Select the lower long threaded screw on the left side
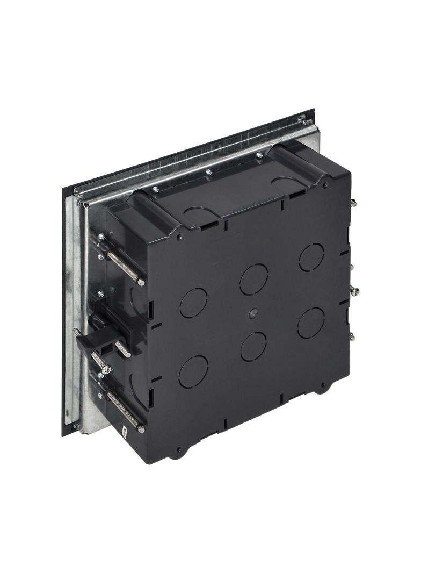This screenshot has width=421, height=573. tap(124, 411)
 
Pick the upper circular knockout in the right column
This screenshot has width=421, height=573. tap(311, 257)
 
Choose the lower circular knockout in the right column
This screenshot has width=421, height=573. tap(311, 323)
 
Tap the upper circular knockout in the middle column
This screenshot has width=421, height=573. tap(253, 279)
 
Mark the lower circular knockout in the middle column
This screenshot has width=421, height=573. tap(253, 346)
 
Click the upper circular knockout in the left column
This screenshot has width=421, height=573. tap(193, 303)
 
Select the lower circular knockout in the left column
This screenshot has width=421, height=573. tap(193, 371)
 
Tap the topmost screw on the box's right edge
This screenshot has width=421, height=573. tap(353, 203)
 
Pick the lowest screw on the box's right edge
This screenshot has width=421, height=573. tap(352, 337)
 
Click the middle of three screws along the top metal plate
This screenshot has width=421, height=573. tap(209, 173)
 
